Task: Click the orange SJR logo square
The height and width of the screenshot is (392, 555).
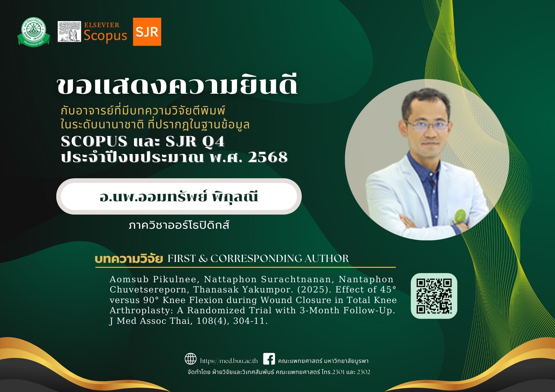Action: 147,32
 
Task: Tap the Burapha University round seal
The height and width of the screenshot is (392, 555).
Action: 34,32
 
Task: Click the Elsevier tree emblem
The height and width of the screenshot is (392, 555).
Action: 69,32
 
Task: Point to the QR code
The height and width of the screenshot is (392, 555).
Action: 434,296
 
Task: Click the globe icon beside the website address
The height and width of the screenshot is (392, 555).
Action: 191,359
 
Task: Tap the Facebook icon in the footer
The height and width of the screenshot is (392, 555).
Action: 269,359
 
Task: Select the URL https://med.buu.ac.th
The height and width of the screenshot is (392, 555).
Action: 229,361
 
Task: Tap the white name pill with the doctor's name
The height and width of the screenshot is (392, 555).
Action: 179,196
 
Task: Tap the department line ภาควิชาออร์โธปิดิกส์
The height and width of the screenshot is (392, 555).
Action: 179,225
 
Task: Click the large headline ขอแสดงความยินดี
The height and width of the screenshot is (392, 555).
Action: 178,85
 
